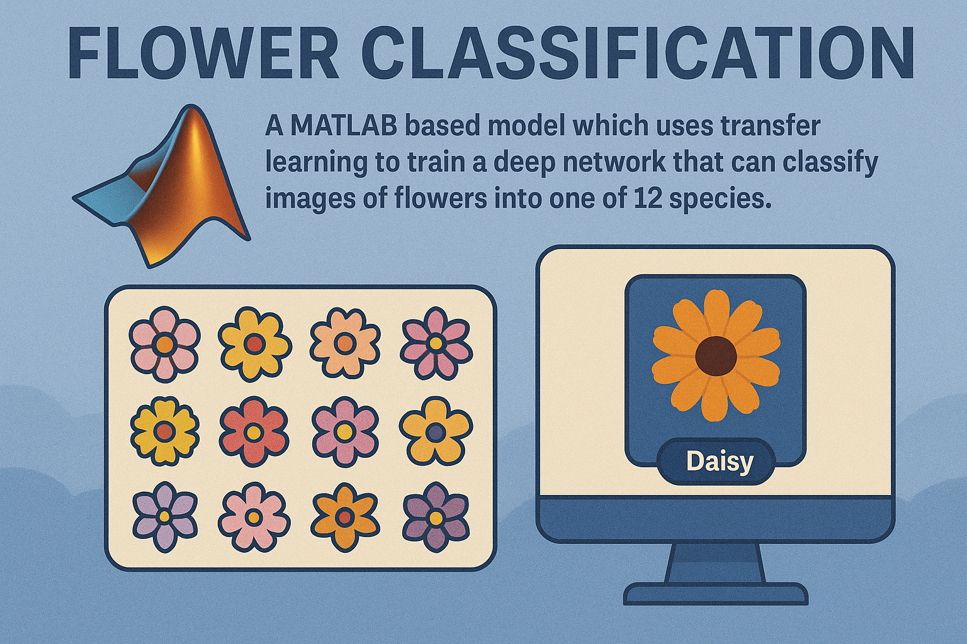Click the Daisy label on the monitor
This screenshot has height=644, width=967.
tap(719, 462)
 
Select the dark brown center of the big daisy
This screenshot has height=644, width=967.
tap(716, 355)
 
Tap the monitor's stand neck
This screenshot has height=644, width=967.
tap(715, 562)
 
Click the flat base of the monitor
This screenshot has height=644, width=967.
tap(715, 594)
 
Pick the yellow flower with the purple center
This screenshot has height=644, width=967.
tap(436, 431)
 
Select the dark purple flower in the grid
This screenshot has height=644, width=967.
tap(436, 517)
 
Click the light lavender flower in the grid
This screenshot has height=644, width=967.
tap(164, 516)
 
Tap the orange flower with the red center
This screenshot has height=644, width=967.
tap(344, 517)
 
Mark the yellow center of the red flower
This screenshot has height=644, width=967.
tap(254, 431)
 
